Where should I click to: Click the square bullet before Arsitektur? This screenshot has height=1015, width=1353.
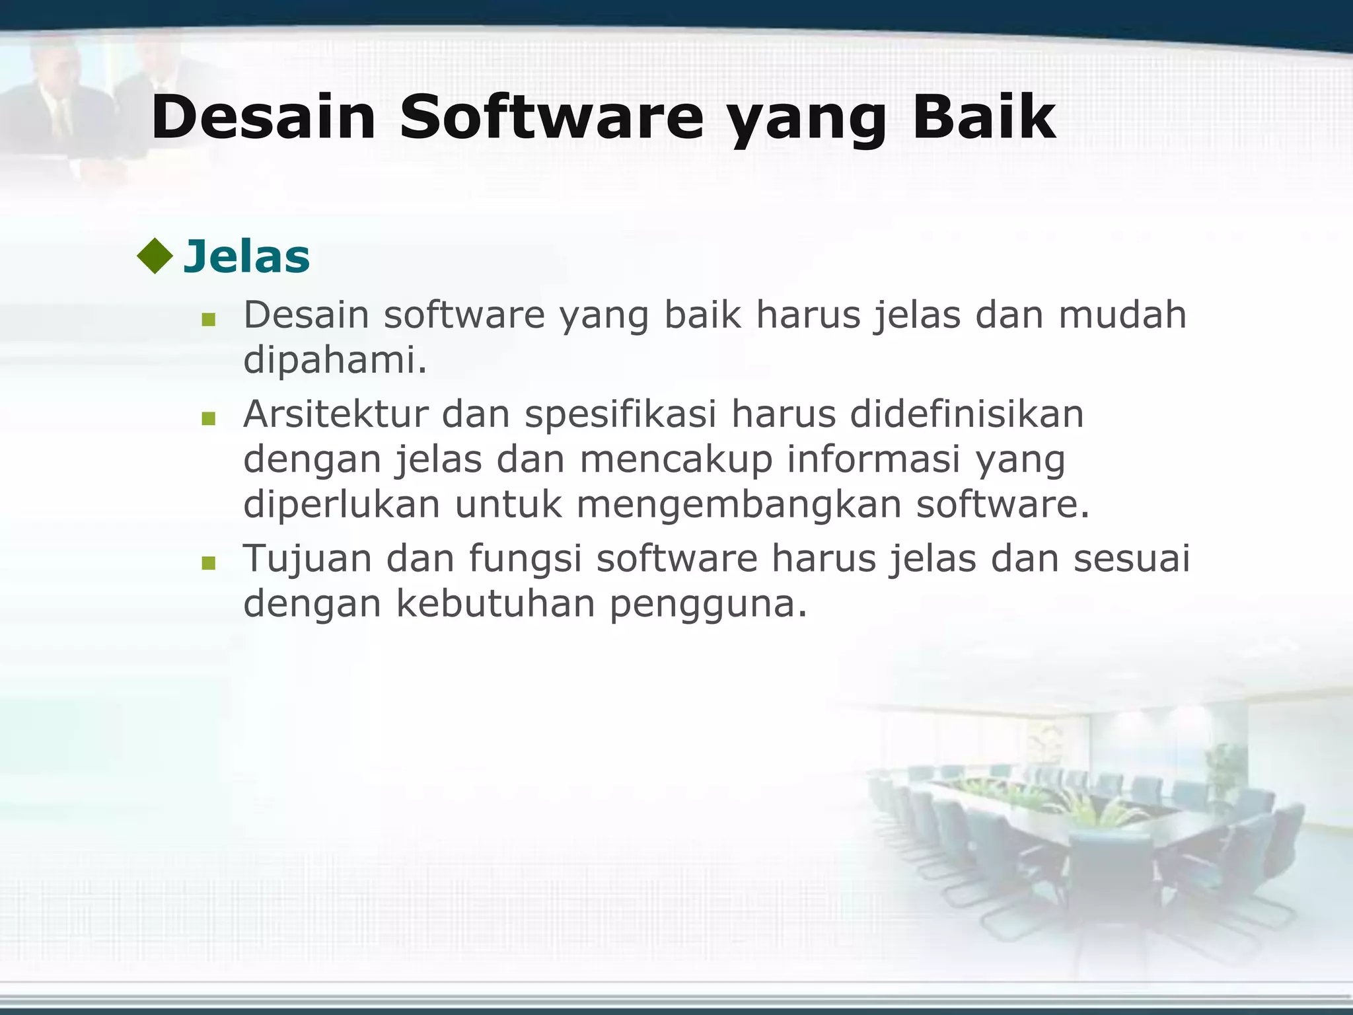tap(209, 418)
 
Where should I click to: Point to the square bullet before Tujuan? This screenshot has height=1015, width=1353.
tap(209, 563)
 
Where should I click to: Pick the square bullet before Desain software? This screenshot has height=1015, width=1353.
tap(209, 320)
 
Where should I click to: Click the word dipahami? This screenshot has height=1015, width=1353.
tap(335, 361)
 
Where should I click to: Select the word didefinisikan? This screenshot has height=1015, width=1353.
tap(967, 414)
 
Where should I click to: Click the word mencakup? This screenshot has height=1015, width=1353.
tap(676, 460)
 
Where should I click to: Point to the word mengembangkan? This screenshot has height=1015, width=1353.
tap(738, 506)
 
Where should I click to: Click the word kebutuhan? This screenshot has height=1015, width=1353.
tap(495, 603)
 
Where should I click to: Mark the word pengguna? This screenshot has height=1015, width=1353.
tap(708, 605)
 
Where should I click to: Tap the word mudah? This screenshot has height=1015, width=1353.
tap(1122, 315)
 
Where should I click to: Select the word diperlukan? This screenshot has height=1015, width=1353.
tap(342, 506)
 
